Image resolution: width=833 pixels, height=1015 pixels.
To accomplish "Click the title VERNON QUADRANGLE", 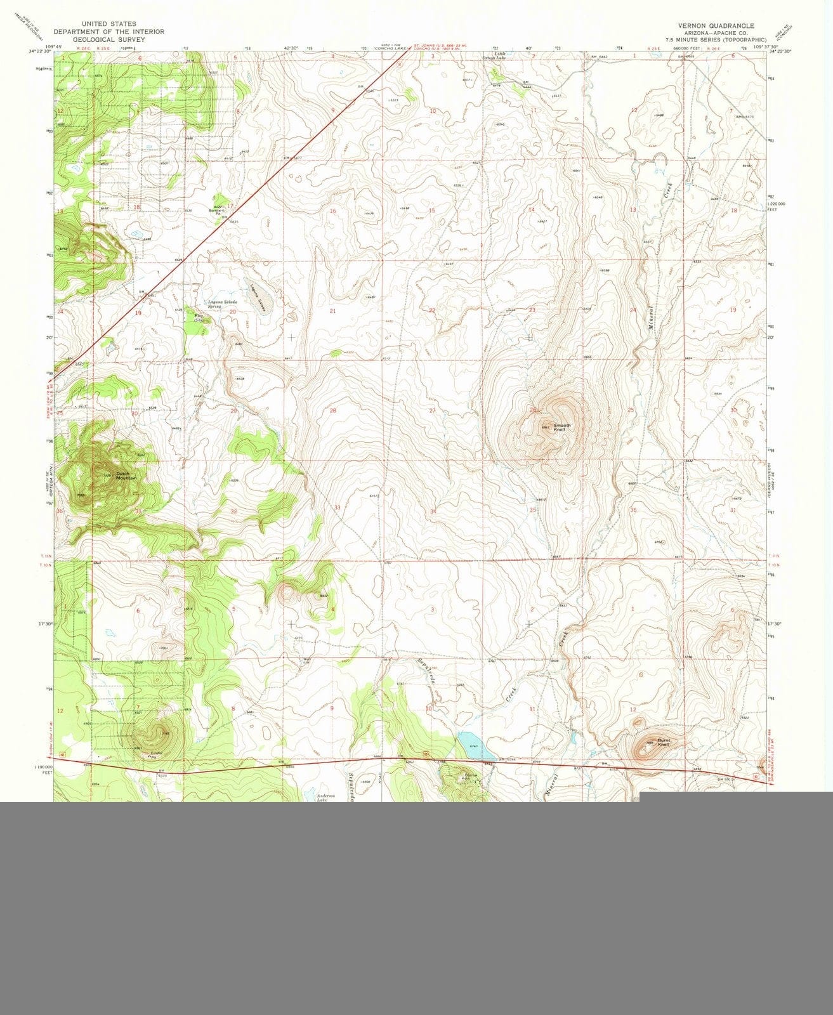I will click(716, 25).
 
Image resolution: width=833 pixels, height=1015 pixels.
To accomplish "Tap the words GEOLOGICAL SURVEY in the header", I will click(108, 39).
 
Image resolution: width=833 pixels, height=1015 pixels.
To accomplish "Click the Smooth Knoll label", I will click(562, 428).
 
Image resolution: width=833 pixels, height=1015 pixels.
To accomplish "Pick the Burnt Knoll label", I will click(664, 742).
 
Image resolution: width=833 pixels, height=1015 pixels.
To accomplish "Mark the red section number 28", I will click(332, 411).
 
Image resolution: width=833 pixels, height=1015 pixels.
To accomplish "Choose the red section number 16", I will click(332, 210).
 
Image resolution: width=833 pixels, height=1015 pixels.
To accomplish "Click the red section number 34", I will click(433, 511).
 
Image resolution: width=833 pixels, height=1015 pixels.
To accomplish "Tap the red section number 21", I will click(332, 311).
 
